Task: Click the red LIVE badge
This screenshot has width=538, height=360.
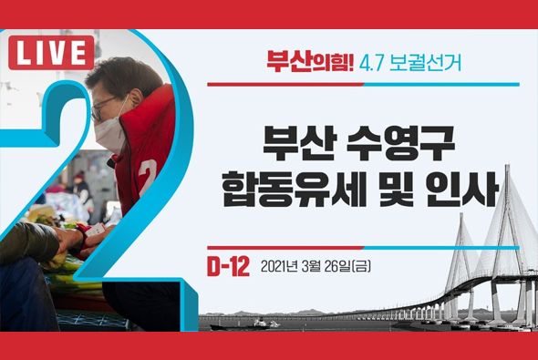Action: click(51, 53)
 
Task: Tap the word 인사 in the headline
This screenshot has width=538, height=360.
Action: click(468, 190)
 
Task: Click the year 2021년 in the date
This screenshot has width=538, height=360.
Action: click(281, 267)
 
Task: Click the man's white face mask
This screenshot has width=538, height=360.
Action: click(110, 131)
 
